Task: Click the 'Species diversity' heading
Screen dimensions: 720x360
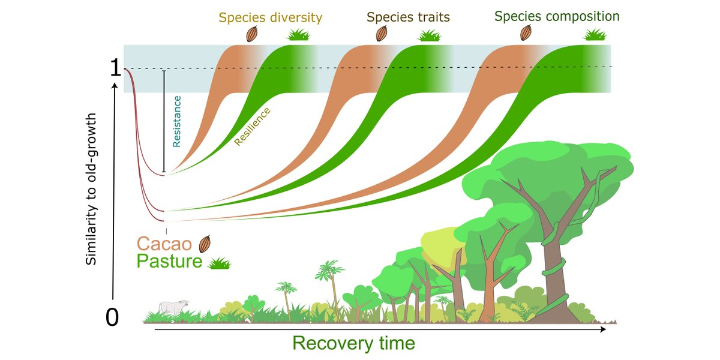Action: [270, 17]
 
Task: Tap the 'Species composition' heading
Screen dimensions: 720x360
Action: [557, 16]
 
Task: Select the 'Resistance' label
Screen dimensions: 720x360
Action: [176, 121]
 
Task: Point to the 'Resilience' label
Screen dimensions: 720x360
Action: [252, 127]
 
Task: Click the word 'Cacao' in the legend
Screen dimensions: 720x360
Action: [164, 244]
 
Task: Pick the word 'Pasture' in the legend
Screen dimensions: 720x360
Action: [169, 262]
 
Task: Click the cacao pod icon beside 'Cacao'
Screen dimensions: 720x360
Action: [205, 244]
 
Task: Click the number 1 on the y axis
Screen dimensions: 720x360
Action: [115, 70]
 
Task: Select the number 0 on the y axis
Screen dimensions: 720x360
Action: [112, 318]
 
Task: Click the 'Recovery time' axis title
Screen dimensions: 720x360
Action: [353, 343]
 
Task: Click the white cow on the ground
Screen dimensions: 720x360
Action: [173, 307]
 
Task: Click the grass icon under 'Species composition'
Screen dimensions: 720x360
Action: [595, 34]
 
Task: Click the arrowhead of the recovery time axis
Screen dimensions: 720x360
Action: [604, 329]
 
